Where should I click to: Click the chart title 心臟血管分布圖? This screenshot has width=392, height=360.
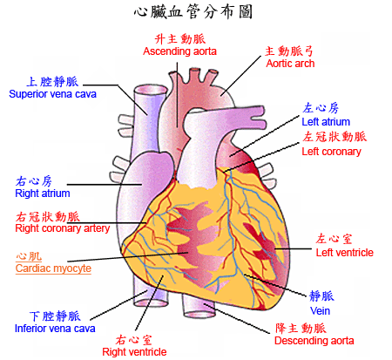pos(193,12)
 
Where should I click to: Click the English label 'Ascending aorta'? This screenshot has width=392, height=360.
pos(179,51)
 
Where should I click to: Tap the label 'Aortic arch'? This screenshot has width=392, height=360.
pos(290,64)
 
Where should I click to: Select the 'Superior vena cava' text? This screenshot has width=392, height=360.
pos(52,94)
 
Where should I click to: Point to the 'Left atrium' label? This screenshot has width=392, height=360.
pos(326,122)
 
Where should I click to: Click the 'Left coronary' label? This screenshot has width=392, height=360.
pos(331,152)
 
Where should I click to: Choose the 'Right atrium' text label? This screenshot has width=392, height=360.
pos(43,194)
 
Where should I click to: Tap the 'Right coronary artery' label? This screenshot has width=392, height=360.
pos(63,228)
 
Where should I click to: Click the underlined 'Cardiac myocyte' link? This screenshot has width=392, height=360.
pos(53,268)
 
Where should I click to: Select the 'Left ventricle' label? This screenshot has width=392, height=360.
pos(345,253)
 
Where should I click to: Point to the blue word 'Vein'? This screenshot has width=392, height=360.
pos(320,311)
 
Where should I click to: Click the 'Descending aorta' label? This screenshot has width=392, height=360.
pos(314,341)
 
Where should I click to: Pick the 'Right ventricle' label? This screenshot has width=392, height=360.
pos(134,352)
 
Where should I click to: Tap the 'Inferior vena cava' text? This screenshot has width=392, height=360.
pos(55,329)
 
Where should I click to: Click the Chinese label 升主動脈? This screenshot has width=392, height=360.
pos(180,39)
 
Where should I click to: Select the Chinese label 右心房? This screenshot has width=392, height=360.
pos(34,181)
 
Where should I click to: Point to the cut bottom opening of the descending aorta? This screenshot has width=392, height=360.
pos(199,314)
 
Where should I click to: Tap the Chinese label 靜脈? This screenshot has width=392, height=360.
pos(321,296)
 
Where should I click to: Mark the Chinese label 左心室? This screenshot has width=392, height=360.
pos(335,239)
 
